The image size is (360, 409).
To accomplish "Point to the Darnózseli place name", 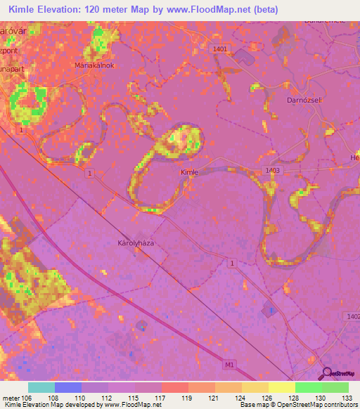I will tap(324, 100).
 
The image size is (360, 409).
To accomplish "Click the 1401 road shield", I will tap(221, 48).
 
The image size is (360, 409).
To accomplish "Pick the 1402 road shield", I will tap(351, 317).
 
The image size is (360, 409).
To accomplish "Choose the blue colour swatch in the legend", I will tap(67, 387).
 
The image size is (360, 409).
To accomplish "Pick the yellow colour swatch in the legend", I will tap(281, 387).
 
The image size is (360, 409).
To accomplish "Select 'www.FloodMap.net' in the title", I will tap(204, 9).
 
